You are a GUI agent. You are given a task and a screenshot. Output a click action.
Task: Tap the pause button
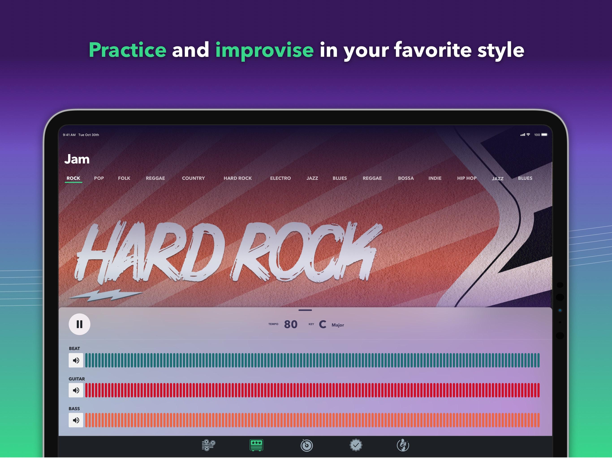coord(79,324)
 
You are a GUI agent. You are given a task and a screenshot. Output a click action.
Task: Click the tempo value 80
coord(291,324)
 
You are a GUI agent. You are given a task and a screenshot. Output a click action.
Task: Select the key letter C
coord(323,324)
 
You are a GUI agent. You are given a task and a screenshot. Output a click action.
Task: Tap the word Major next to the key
coord(338,325)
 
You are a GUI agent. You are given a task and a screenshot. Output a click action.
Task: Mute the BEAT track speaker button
coord(76,360)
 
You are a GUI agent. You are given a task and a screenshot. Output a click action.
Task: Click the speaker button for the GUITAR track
coord(76,390)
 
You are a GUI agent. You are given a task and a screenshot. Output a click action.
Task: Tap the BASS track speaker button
coord(76,420)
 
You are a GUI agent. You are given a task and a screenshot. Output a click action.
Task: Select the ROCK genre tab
coord(73,178)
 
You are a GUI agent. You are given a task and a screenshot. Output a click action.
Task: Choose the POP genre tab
coord(99,178)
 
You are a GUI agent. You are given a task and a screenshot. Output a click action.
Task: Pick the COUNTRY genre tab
coord(193,178)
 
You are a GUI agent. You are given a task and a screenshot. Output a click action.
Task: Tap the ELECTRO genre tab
coord(280,178)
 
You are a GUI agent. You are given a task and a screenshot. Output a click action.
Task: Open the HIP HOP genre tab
coord(467,178)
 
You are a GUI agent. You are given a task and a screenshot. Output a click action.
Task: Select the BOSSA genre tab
coord(406,178)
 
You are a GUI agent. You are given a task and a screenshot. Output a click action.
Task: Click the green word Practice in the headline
coord(127,50)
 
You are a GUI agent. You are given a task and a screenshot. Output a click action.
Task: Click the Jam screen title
coord(77,159)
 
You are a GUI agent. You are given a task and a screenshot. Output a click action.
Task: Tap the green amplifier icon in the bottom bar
coord(256,445)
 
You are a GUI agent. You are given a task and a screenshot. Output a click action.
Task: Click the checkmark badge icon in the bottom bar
coord(356,445)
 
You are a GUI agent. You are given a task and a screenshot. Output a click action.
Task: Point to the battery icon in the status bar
coord(545,135)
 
